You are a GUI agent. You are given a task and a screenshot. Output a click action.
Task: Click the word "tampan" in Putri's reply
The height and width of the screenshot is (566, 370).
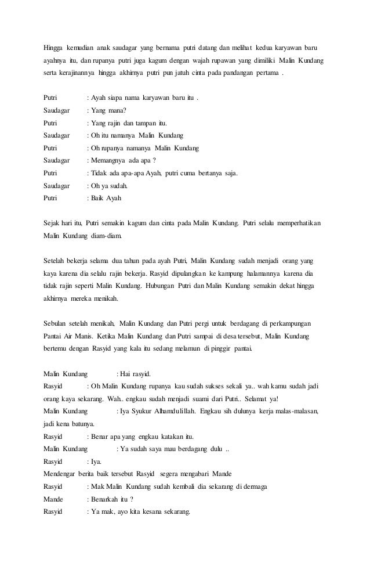point(143,123)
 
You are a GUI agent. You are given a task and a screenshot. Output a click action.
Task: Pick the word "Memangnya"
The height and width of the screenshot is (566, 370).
point(106,161)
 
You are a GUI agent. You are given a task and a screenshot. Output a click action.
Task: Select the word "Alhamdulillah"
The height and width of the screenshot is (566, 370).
point(188,411)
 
